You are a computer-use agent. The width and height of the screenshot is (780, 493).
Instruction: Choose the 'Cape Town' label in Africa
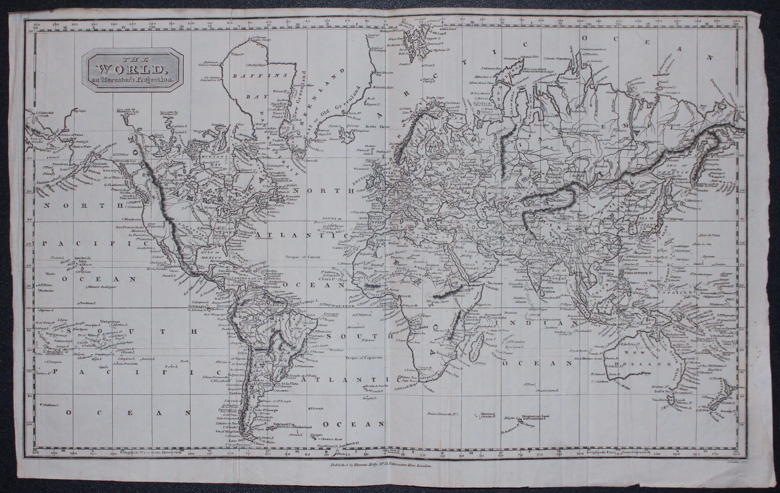(x=408, y=381)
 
